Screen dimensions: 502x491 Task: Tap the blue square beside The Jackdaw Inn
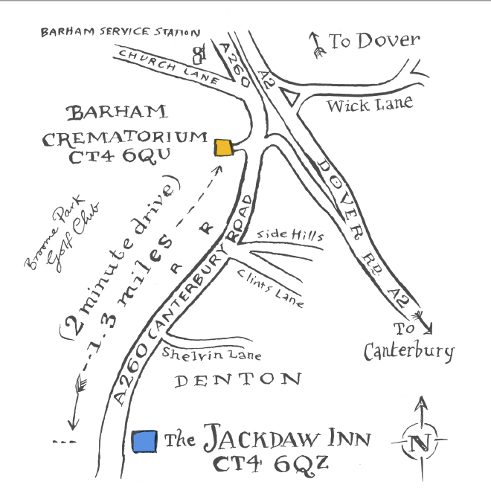point(144,440)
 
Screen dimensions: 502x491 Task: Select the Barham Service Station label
point(120,32)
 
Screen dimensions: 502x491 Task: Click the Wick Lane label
point(370,103)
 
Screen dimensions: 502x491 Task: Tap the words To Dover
point(375,40)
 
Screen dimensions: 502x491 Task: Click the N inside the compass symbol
point(420,444)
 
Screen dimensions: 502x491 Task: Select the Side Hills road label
point(290,235)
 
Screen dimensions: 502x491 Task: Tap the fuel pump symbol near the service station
point(198,54)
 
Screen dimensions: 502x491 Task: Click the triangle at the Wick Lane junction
point(289,96)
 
